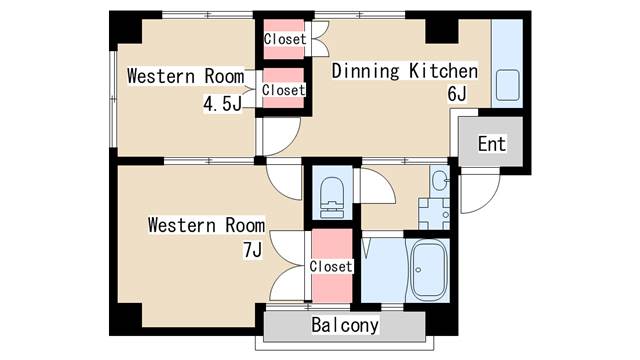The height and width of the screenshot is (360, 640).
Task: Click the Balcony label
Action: click(x=345, y=325)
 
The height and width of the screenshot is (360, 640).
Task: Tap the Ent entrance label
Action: click(x=492, y=144)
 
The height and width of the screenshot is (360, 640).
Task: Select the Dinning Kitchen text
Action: click(x=404, y=71)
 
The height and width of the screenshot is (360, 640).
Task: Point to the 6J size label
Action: click(x=457, y=93)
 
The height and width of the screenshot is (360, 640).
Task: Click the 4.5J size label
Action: click(x=222, y=104)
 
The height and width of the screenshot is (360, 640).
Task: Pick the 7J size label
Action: click(x=252, y=250)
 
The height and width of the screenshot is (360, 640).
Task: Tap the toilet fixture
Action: click(x=332, y=197)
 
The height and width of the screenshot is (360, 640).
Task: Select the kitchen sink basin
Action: click(x=507, y=85)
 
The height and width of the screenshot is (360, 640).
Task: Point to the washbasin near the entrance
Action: click(x=440, y=180)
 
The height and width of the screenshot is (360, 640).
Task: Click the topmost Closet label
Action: click(x=285, y=39)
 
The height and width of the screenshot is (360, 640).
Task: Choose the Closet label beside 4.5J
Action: click(x=284, y=90)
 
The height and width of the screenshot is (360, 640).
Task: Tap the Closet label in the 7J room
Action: click(x=331, y=267)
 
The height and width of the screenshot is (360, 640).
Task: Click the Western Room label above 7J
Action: click(x=206, y=225)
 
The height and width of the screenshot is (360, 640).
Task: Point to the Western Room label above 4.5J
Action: click(x=186, y=76)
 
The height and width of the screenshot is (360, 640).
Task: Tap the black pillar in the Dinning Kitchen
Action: click(x=442, y=31)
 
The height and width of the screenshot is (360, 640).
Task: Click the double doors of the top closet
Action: click(x=321, y=39)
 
